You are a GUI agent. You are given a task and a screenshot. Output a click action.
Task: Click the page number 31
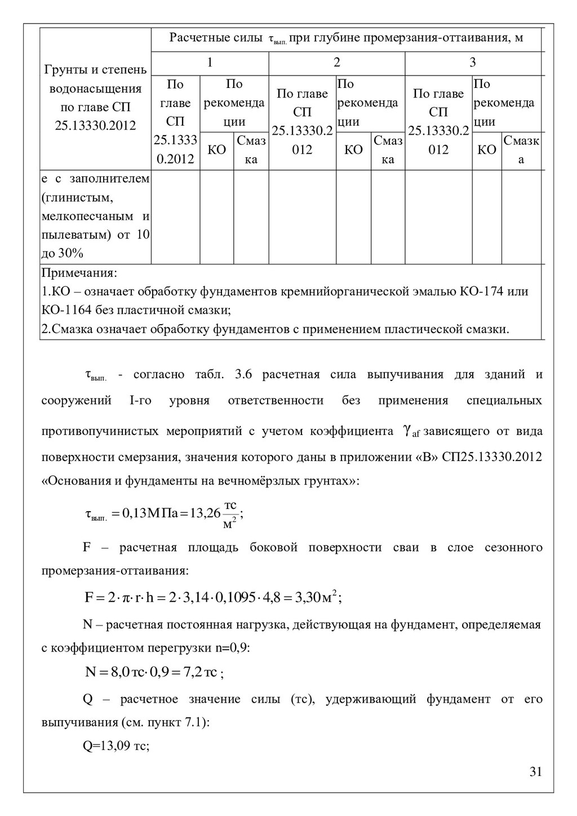(535, 771)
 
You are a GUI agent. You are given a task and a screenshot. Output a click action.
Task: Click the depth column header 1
(210, 63)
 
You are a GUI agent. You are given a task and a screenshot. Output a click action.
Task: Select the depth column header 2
(337, 63)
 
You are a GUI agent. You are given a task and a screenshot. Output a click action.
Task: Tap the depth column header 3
(473, 63)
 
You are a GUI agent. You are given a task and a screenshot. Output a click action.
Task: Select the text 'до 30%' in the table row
(63, 254)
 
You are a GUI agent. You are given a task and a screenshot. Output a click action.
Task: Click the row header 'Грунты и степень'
(95, 70)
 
